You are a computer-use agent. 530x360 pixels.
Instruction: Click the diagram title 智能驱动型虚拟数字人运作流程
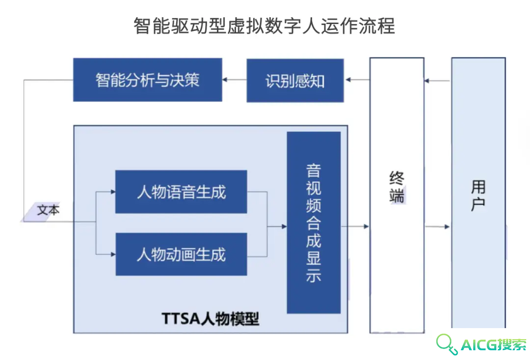[264, 26]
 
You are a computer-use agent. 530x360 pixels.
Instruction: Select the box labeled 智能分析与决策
[148, 80]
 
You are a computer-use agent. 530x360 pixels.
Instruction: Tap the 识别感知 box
[295, 81]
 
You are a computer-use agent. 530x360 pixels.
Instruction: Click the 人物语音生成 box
[181, 192]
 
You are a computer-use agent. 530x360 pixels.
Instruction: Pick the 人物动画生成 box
[181, 254]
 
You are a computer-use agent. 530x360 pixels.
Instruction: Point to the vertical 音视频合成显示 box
[314, 222]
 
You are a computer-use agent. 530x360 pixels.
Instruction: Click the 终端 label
[397, 187]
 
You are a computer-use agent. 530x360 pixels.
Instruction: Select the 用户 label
[478, 195]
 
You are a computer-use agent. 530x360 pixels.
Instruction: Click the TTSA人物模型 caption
[210, 318]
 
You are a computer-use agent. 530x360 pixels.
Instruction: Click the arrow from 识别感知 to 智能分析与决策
[234, 80]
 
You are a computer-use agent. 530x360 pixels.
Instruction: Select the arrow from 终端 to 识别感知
[358, 80]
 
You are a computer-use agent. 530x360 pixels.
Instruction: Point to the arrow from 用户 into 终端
[437, 81]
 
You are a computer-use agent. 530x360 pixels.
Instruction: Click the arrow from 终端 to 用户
[437, 227]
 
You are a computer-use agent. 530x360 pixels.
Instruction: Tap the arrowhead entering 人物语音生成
[113, 192]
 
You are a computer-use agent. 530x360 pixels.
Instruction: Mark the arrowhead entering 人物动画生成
[113, 254]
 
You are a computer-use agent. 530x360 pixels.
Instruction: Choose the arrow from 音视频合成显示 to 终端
[355, 226]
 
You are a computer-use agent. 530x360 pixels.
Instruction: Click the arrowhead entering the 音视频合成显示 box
[284, 226]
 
